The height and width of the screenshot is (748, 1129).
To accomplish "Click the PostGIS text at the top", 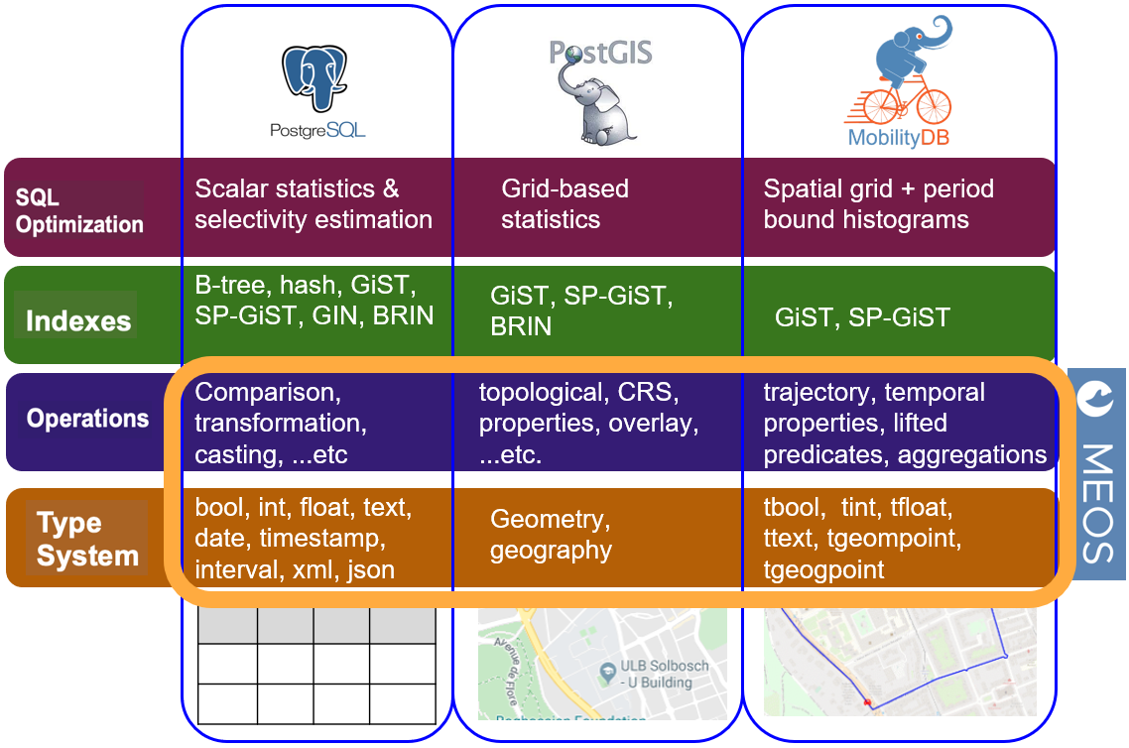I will (x=600, y=52).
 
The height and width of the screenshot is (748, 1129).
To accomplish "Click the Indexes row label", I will (x=78, y=321).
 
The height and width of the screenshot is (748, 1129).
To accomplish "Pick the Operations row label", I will (x=87, y=419).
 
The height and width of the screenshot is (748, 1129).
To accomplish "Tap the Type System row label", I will (x=87, y=539).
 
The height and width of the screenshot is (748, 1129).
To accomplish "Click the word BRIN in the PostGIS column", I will (x=521, y=326).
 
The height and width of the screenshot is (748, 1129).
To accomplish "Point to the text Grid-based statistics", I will (x=564, y=203).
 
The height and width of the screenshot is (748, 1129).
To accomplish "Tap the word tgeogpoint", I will (x=823, y=570).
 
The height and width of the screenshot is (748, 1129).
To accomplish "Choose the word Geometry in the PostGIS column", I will (x=546, y=519).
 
